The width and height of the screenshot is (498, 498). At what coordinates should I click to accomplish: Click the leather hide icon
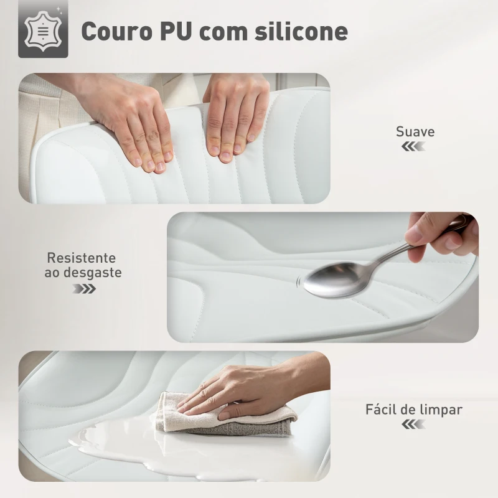43,31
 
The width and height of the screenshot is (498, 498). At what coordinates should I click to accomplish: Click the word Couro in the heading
117,31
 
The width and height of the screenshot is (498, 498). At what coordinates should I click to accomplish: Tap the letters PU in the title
176,31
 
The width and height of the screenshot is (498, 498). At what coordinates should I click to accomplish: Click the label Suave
415,131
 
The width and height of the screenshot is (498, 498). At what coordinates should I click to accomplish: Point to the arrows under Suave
413,146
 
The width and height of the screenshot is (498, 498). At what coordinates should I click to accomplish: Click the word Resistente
82,258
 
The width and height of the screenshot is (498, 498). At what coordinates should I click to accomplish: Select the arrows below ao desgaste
84,289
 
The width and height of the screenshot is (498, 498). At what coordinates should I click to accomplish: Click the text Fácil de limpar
414,410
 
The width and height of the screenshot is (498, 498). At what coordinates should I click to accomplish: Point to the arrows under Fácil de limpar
413,424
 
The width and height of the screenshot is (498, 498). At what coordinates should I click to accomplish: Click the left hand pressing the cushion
133,124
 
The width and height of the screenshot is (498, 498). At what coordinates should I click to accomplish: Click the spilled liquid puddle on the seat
143,444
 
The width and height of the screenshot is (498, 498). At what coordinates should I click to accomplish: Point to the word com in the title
222,34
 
